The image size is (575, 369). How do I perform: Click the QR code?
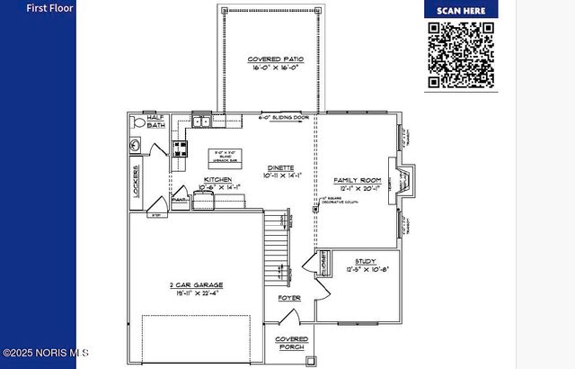(x=461, y=55)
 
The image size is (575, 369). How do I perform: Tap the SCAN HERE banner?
(x=461, y=10)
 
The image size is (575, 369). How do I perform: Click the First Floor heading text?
(x=49, y=8)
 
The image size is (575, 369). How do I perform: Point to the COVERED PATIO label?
(x=275, y=59)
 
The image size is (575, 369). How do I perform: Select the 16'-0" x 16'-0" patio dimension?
(x=275, y=67)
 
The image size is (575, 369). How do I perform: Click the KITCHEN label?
(x=217, y=180)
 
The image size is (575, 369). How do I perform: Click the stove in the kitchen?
(x=180, y=149)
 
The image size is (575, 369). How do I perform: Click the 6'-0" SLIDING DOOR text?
(x=284, y=118)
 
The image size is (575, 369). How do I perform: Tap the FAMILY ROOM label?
(x=357, y=180)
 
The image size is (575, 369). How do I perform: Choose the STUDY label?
(x=366, y=261)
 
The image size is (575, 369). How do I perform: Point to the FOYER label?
(x=289, y=298)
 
